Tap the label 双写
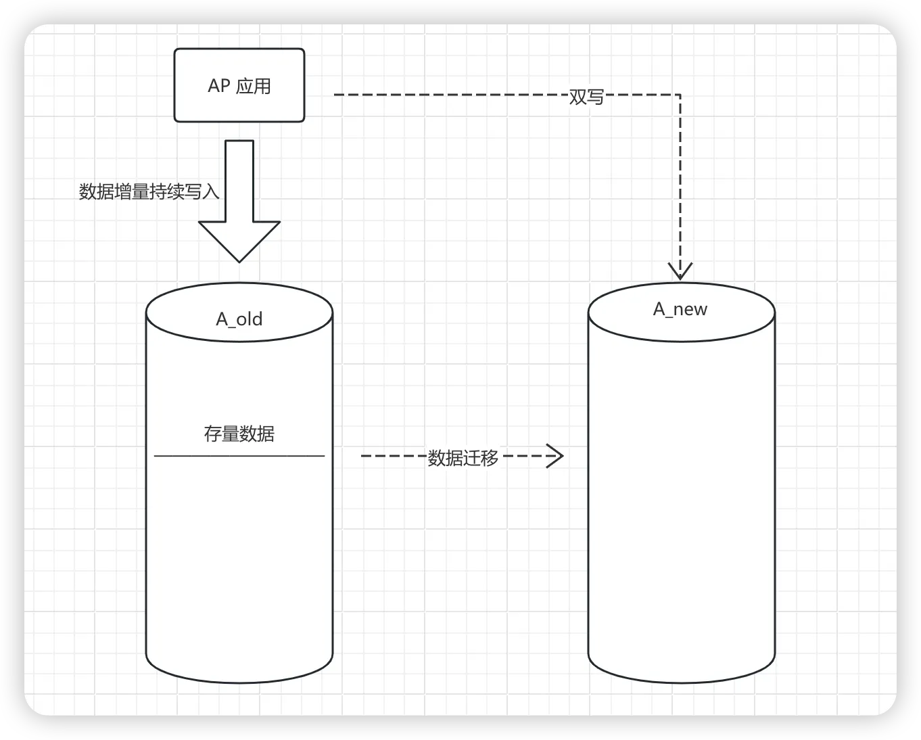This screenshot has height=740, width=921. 586,97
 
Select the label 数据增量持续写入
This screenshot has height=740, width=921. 149,191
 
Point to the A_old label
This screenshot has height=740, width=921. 239,319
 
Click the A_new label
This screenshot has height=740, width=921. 680,309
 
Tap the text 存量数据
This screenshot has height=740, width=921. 239,434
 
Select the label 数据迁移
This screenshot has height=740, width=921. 463,458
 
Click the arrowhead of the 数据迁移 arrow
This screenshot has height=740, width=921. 556,456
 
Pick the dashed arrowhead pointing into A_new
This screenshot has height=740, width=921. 680,271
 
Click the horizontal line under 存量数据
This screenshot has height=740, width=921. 239,456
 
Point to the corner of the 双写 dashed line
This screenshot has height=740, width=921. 680,95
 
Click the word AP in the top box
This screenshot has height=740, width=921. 219,86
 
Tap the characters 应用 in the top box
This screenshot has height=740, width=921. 254,86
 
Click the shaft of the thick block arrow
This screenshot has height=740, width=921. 239,179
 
